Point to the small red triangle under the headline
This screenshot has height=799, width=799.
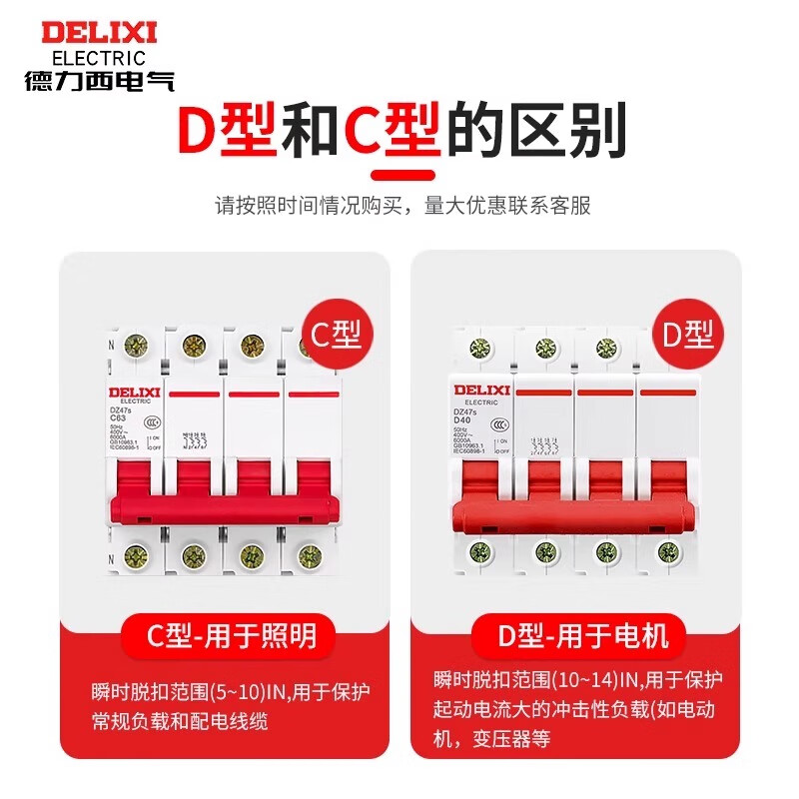click(399, 177)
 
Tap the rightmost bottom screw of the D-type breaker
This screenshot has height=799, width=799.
click(661, 550)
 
